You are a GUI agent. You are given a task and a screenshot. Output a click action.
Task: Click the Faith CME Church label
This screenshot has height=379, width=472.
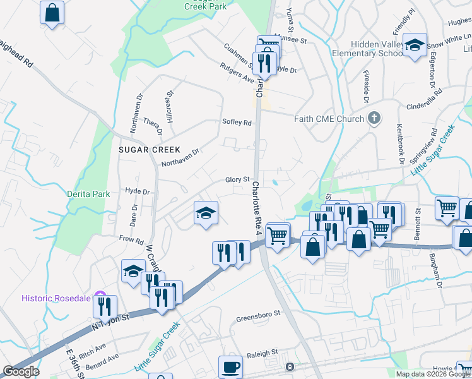click(329, 119)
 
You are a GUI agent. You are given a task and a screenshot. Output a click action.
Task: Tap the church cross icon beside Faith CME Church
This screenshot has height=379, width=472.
click(374, 118)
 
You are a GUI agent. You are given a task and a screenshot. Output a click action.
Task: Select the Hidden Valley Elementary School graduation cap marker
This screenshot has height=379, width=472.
click(415, 45)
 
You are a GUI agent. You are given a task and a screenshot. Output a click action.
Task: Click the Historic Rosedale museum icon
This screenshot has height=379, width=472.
click(98, 295)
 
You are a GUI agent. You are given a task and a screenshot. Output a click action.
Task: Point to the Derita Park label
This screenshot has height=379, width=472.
click(89, 194)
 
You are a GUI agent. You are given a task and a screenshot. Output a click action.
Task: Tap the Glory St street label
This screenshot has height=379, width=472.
click(238, 180)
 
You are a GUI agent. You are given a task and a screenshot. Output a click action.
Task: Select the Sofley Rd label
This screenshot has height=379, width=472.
click(237, 123)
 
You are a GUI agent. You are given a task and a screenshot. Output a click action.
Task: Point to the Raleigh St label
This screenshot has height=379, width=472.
click(262, 352)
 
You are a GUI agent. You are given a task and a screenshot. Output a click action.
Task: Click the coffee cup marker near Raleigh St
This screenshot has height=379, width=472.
click(230, 366)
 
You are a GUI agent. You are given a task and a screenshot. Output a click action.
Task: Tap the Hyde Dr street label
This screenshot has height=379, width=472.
click(137, 191)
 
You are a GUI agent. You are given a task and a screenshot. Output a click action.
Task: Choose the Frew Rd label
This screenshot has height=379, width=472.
click(131, 239)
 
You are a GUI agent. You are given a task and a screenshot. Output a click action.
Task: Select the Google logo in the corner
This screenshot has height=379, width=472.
click(21, 371)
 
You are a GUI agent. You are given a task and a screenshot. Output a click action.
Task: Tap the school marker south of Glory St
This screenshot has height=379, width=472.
click(206, 213)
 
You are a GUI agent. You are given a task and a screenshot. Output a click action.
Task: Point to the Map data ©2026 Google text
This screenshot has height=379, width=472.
click(433, 374)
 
